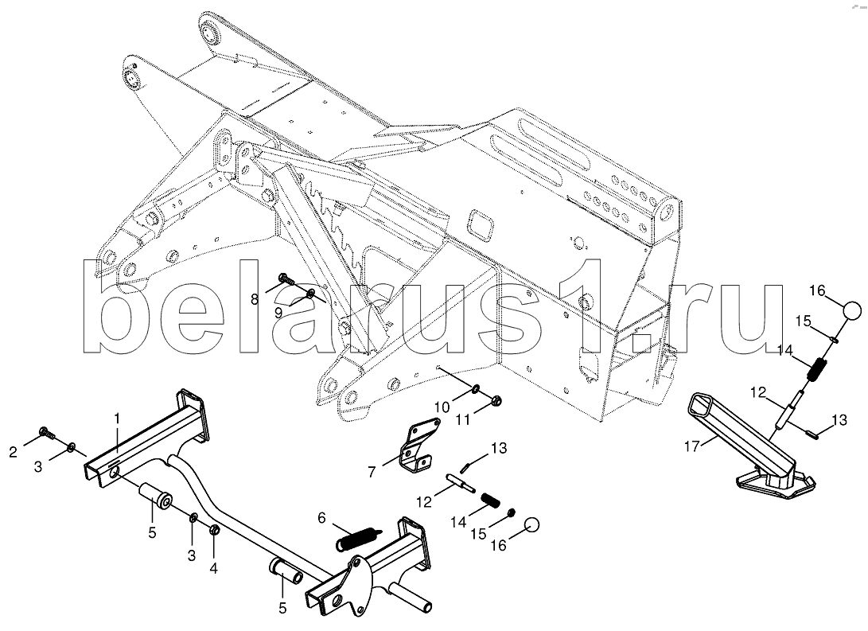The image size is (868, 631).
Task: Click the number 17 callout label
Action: (x=693, y=446)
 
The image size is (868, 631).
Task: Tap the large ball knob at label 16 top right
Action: (x=852, y=310)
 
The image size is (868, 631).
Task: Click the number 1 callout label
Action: (x=116, y=417)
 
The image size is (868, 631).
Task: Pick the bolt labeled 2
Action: (x=45, y=434)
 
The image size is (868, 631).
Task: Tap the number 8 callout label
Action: (x=255, y=299)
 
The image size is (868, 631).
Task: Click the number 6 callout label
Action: (x=321, y=518)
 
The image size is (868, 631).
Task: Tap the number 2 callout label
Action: (x=14, y=453)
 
